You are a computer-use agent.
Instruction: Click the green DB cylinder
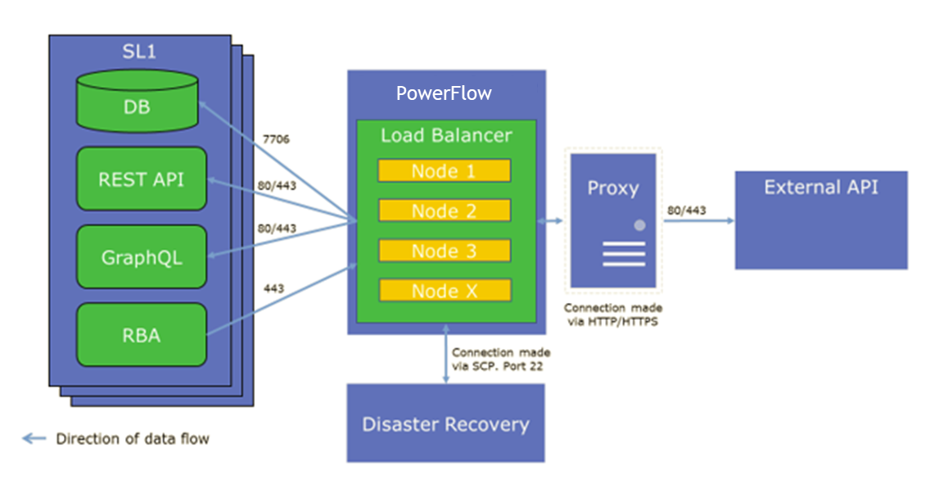pyautogui.click(x=137, y=101)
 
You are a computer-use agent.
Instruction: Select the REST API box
pyautogui.click(x=142, y=179)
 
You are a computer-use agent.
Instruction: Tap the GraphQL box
pyautogui.click(x=142, y=257)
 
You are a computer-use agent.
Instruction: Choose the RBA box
pyautogui.click(x=142, y=335)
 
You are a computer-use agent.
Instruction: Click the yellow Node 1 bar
pyautogui.click(x=445, y=171)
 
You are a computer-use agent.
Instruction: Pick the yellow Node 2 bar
pyautogui.click(x=445, y=211)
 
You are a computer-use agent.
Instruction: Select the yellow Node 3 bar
pyautogui.click(x=445, y=251)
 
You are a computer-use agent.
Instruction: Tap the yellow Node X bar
pyautogui.click(x=445, y=291)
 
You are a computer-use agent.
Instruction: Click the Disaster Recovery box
pyautogui.click(x=445, y=423)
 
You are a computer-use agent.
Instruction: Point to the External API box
pyautogui.click(x=821, y=220)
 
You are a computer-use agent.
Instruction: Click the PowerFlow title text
pyautogui.click(x=444, y=93)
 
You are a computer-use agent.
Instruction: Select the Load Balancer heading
pyautogui.click(x=446, y=135)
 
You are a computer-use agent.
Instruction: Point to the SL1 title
pyautogui.click(x=139, y=52)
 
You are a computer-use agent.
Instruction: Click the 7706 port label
pyautogui.click(x=276, y=139)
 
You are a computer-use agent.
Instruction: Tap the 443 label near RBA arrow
pyautogui.click(x=273, y=288)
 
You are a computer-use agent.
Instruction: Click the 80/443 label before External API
pyautogui.click(x=686, y=210)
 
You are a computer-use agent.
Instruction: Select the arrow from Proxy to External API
pyautogui.click(x=699, y=221)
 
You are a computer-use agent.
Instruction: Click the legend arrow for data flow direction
pyautogui.click(x=34, y=438)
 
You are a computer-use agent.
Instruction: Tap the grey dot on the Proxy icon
pyautogui.click(x=639, y=225)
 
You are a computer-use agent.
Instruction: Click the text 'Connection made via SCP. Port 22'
pyautogui.click(x=500, y=359)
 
